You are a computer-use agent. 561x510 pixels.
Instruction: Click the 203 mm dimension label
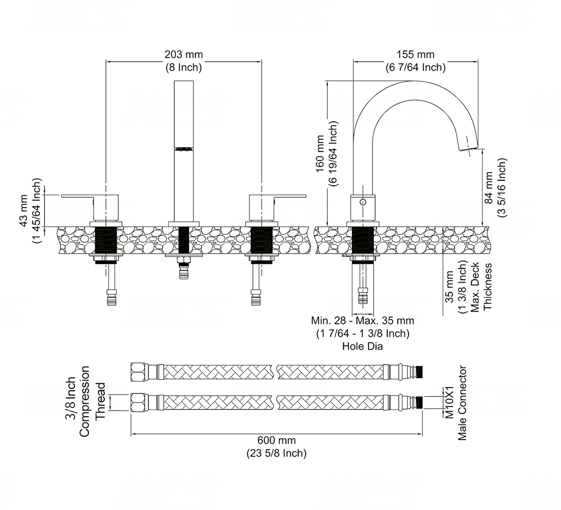tap(184, 54)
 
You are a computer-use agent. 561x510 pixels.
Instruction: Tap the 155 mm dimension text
tap(415, 54)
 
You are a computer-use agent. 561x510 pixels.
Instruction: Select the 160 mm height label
tap(320, 154)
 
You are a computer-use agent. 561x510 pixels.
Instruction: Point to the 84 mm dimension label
tap(489, 188)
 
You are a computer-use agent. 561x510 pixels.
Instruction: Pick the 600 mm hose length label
tap(276, 440)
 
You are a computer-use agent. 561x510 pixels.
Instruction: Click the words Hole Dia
tap(362, 346)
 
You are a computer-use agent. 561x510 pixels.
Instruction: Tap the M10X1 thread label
tap(449, 402)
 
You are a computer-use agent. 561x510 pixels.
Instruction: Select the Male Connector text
tap(462, 403)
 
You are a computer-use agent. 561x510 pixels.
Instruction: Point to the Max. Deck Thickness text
tap(481, 287)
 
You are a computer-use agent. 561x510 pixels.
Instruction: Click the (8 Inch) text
tap(184, 67)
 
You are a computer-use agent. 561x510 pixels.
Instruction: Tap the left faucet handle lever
tap(77, 196)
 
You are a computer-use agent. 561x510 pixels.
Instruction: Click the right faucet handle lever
tap(290, 196)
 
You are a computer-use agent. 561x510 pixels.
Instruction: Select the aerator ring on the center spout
tap(184, 149)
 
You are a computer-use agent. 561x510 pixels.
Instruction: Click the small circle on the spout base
tap(363, 202)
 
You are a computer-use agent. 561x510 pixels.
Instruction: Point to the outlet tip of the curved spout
tap(468, 148)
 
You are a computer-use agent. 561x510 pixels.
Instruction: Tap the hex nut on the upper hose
tap(138, 372)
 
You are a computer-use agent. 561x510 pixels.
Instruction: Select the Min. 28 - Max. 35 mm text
tap(362, 321)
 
